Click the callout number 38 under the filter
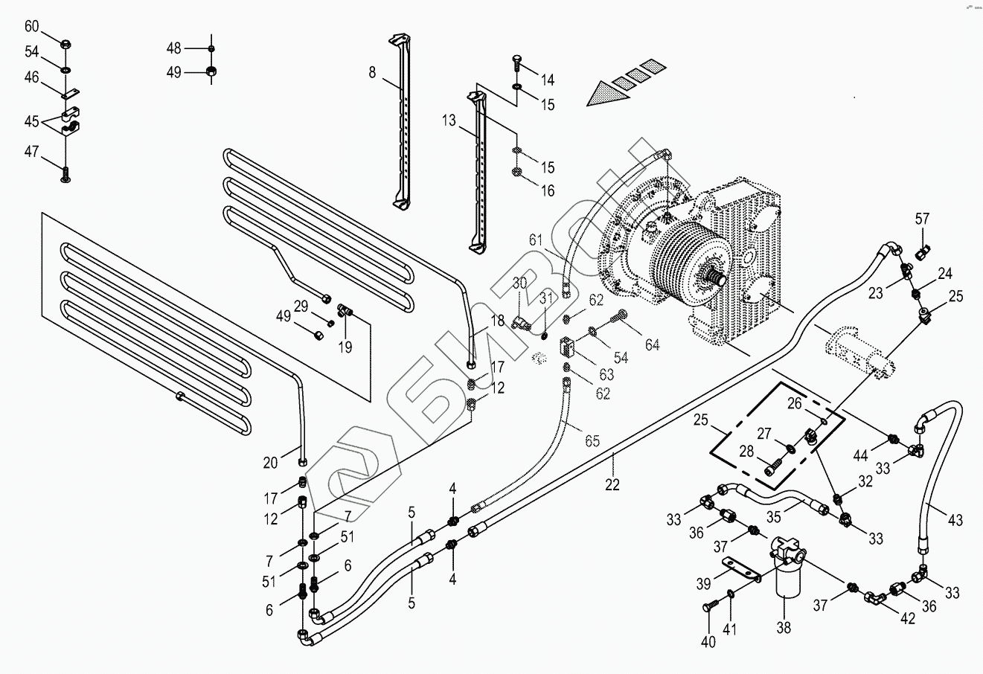(x=784, y=627)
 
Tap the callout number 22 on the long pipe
(x=612, y=484)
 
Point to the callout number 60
(x=32, y=26)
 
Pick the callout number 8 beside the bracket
(x=372, y=72)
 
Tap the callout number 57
(x=922, y=219)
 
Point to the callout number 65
(x=592, y=441)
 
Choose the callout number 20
(x=270, y=463)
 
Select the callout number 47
(x=32, y=151)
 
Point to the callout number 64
(x=652, y=344)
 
